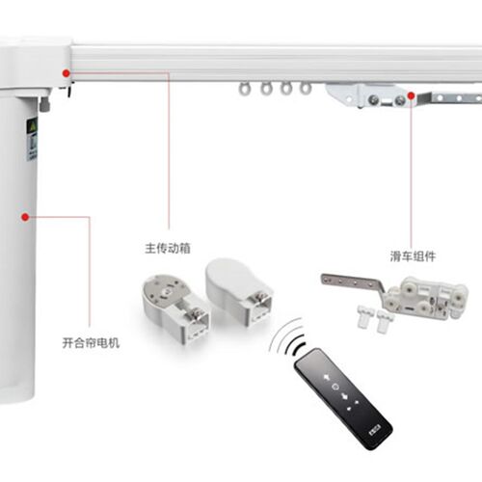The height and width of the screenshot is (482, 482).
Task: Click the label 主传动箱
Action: coord(168,248)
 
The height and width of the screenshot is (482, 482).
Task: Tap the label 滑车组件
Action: coord(413,256)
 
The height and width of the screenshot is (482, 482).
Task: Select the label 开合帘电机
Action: coord(91,343)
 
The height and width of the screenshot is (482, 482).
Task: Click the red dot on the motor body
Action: coord(25,217)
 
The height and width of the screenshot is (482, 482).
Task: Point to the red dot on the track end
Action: coord(67,73)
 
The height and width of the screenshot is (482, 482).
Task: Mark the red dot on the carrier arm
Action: coord(411,95)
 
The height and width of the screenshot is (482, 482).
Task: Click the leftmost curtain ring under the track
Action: coord(245,89)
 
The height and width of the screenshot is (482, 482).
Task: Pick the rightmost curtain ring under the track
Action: coord(305,88)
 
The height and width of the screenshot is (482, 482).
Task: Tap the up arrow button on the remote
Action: coord(327,377)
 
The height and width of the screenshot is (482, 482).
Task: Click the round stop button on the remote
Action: coord(335,387)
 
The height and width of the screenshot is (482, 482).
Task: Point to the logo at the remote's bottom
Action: coord(374,430)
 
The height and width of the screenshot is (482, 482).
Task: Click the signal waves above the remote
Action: coord(287,337)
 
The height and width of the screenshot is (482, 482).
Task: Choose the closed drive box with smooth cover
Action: coord(239,291)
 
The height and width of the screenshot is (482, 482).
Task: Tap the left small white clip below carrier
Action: coord(365,316)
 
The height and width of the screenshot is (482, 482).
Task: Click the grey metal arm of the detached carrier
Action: coord(353,283)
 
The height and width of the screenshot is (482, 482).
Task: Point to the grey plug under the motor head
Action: coord(45,104)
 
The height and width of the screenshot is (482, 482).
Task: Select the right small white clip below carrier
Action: coord(385,321)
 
